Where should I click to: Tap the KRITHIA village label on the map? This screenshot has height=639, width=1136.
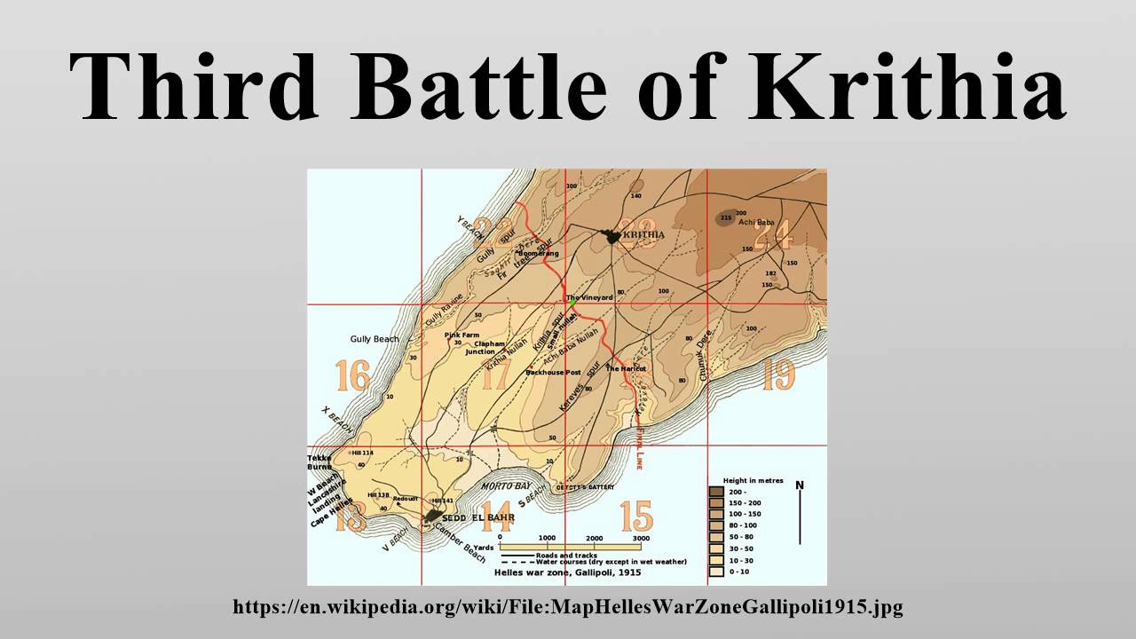point(644,234)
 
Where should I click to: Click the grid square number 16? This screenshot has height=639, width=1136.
point(352,376)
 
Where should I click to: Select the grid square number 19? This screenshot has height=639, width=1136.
point(777,375)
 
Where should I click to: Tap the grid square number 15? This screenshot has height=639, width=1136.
point(636,517)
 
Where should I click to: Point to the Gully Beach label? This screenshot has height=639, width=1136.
point(375,339)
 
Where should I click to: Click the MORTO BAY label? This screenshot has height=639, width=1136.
point(506,486)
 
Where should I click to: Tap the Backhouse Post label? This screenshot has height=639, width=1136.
point(553,372)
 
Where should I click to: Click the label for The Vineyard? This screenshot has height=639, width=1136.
point(589,297)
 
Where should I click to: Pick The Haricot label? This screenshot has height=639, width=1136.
point(626,367)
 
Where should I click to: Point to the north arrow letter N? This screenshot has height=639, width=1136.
point(799,485)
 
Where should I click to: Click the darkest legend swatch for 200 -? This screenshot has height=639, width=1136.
point(715,490)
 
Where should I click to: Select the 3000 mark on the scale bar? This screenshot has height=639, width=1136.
point(641,538)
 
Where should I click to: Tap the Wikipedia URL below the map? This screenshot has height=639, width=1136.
point(568,607)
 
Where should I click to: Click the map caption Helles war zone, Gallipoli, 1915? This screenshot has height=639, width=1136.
point(568,572)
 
